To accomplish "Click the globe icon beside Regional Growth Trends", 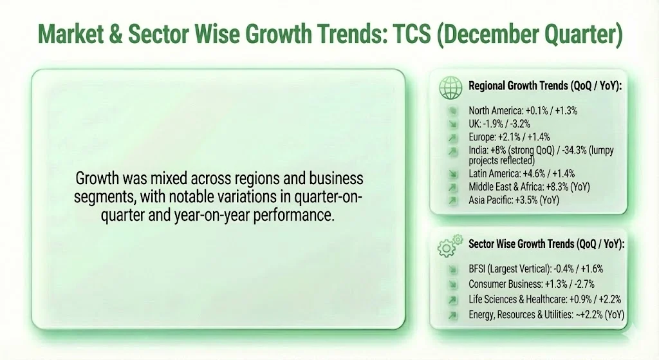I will pos(450,86).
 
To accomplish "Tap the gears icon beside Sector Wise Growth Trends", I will pos(449,245).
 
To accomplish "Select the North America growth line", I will pos(523,111).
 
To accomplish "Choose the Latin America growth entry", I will pos(521,174).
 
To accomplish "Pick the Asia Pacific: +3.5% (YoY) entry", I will pos(514,200).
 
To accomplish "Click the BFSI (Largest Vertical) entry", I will pos(535,269).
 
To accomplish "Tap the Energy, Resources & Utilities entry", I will pos(546,314).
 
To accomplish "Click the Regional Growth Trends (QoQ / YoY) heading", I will pos(544,86).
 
